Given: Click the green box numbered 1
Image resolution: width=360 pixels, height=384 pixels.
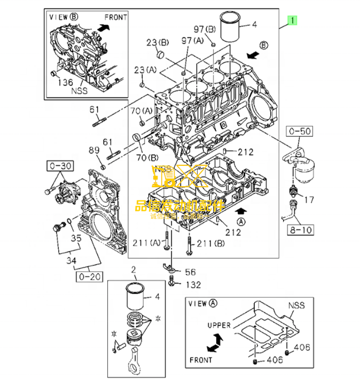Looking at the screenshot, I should (x=292, y=21).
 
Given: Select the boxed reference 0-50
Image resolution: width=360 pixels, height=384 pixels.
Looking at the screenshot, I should (x=301, y=131).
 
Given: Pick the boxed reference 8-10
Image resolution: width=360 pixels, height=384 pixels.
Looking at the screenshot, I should (x=301, y=231).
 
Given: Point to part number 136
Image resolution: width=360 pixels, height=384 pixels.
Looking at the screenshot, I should (x=65, y=82).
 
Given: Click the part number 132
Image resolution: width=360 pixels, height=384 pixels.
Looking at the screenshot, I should (x=193, y=285).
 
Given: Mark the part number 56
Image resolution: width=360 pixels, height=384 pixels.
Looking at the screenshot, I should (x=190, y=272).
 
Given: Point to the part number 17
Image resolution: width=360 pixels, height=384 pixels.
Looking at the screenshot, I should (x=309, y=200).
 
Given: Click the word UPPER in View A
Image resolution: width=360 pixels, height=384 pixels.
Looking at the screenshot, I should (x=219, y=325).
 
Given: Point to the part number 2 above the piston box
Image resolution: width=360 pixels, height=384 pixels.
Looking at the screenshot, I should (x=134, y=270).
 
